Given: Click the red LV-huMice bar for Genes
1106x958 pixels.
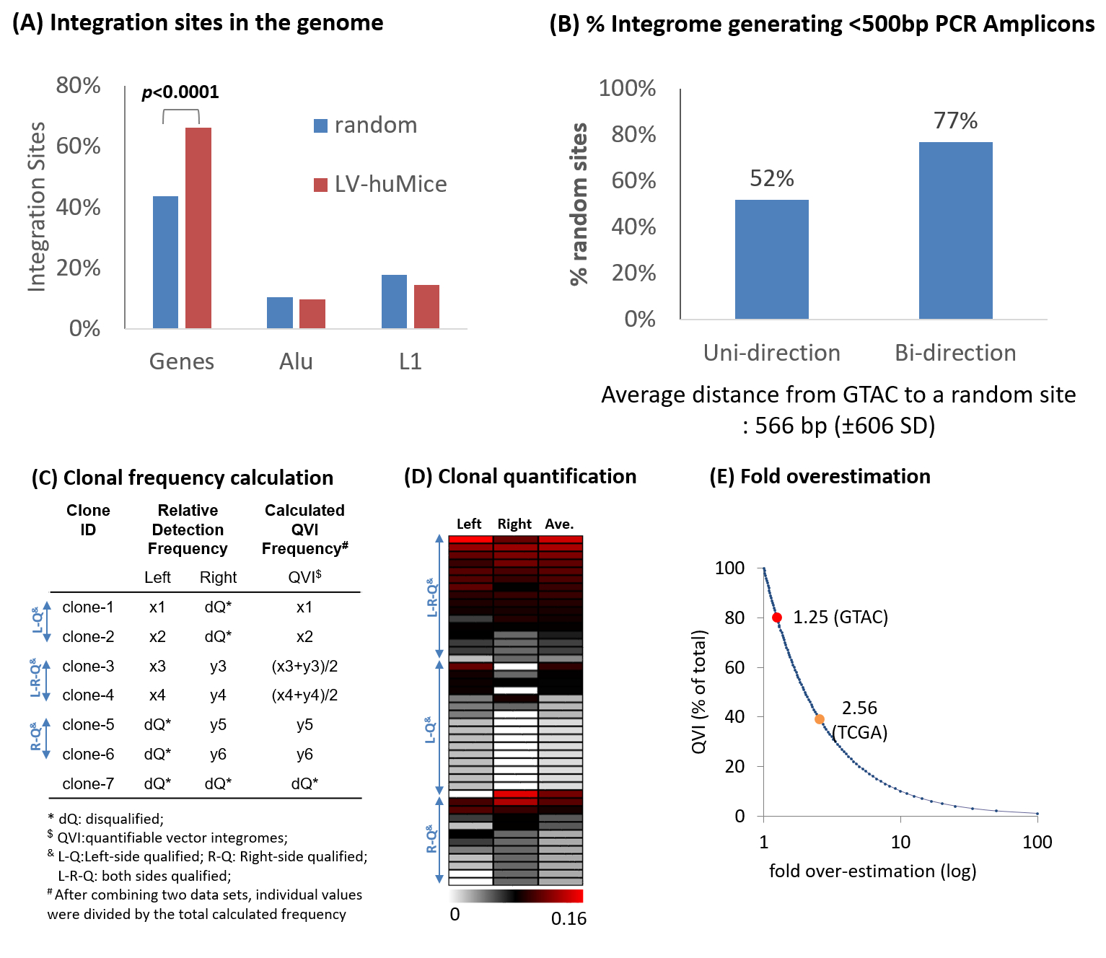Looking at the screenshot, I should (198, 228).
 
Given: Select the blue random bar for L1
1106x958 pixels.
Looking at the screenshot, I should (394, 302).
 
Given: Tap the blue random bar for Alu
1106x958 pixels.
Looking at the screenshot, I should (280, 312).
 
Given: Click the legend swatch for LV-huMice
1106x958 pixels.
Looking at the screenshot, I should (320, 185).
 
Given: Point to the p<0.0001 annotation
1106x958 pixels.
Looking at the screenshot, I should (180, 92).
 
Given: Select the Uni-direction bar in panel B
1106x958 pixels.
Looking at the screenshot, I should (771, 259).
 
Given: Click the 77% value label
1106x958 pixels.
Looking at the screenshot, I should (955, 120).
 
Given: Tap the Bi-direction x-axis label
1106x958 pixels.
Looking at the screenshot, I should (955, 353).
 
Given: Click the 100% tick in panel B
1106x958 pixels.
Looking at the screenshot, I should (627, 89).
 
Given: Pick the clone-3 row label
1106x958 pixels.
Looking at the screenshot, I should (88, 666).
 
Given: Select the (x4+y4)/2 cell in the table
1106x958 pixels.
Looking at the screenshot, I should (304, 695).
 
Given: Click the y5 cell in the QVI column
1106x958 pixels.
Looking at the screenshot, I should (304, 724).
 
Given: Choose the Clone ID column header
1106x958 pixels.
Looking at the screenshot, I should (88, 519).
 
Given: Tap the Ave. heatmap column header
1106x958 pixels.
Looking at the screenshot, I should (559, 524).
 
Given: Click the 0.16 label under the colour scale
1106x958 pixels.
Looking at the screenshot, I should (569, 918).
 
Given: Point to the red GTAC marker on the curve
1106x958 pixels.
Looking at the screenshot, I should (777, 618).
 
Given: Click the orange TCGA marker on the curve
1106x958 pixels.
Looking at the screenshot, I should (820, 719).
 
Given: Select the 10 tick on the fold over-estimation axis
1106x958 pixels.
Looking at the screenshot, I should (900, 842).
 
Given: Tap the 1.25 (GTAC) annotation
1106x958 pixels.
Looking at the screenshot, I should (841, 618).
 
